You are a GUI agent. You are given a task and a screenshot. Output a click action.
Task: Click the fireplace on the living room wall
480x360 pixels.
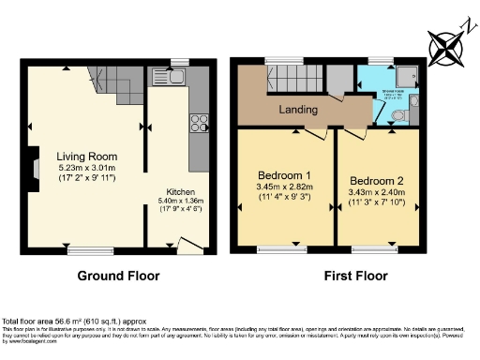click(x=33, y=165)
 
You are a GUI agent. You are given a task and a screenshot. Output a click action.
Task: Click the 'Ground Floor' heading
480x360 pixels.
click(x=117, y=277)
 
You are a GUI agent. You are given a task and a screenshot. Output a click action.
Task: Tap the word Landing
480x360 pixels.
click(x=298, y=111)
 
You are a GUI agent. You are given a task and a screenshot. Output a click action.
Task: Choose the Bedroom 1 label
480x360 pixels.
click(x=286, y=174)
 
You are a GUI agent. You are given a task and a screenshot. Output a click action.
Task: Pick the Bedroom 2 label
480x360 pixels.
click(x=377, y=180)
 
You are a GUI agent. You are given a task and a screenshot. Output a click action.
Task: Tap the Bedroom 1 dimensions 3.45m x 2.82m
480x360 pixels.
click(x=286, y=187)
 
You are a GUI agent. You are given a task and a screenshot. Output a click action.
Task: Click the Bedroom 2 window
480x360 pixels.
click(x=374, y=250)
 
